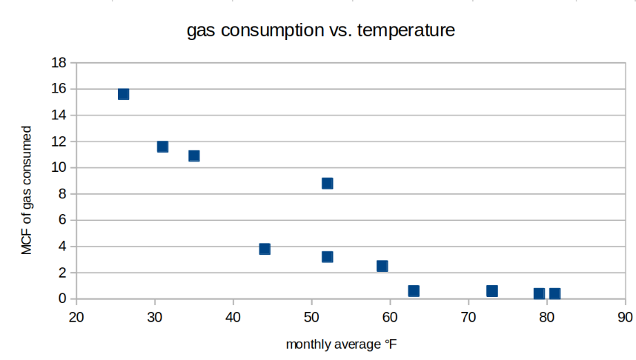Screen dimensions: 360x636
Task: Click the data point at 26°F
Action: point(123,94)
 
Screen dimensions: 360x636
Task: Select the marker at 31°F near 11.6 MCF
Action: point(162,147)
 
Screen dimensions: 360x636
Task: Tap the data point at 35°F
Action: point(194,156)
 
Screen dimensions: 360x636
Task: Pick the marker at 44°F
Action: point(265,249)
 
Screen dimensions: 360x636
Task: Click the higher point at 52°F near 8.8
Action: point(327,183)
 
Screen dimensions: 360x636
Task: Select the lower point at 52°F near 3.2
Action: point(327,257)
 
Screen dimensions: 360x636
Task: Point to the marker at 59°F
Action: point(382,266)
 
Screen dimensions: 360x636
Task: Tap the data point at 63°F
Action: point(414,291)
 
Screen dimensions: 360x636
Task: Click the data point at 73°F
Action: point(491,291)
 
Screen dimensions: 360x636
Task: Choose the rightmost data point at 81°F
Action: point(554,294)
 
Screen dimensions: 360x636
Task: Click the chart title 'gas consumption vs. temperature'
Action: point(320,32)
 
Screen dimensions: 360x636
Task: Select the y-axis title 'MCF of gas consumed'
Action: point(27,190)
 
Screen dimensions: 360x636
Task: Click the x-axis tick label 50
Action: point(311,318)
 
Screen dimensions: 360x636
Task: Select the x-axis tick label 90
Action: point(624,318)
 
